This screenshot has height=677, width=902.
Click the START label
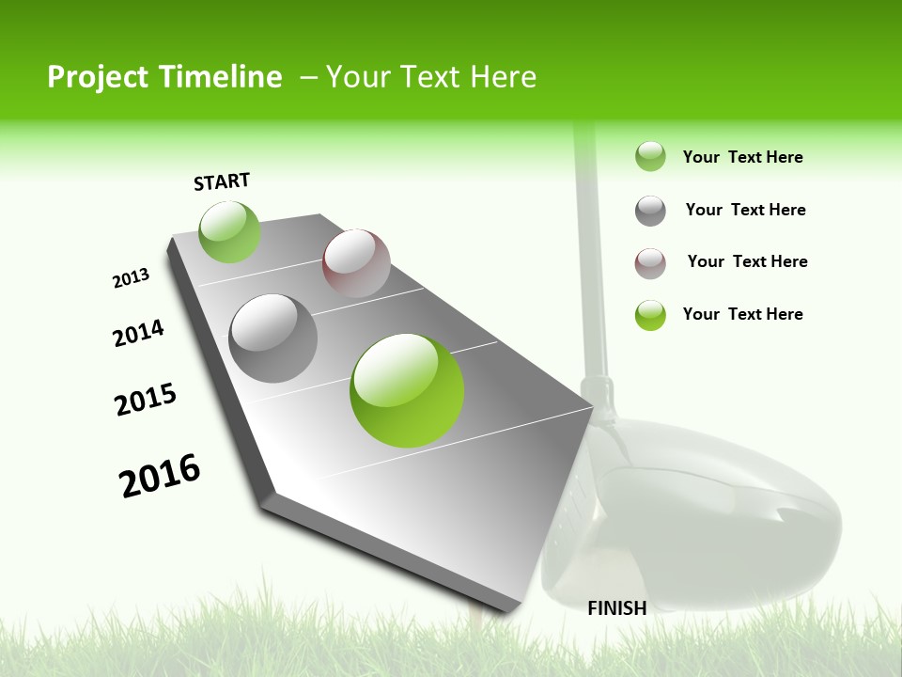222,181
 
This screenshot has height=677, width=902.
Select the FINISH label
616,608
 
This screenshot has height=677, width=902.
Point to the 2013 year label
132,278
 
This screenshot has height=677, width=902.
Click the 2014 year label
139,333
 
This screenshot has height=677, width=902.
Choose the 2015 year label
146,399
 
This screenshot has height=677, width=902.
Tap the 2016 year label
160,476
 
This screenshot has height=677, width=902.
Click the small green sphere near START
229,232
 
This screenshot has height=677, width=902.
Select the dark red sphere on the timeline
356,263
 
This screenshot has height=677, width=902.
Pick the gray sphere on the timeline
273,338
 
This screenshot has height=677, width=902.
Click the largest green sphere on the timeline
407,390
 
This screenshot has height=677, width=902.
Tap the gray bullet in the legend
650,211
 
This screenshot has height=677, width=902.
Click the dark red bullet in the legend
650,263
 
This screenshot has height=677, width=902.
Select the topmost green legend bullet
650,156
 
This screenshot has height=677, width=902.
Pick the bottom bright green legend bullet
650,315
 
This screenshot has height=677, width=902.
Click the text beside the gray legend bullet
745,210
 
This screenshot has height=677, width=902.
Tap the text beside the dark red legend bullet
747,261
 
